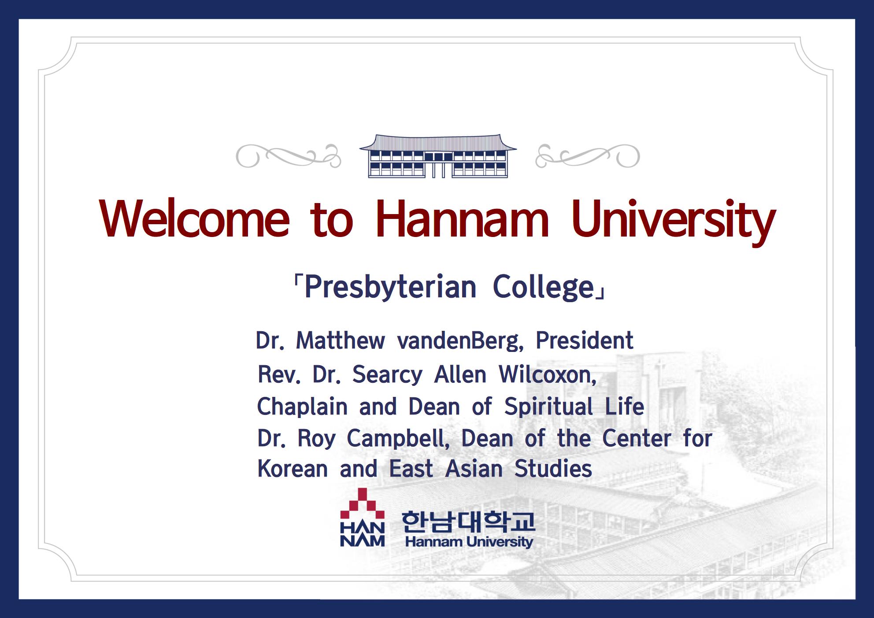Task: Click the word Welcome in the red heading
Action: click(x=194, y=219)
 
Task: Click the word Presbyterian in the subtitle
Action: click(x=390, y=288)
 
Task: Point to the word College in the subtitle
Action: click(x=544, y=288)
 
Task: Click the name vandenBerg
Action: click(x=460, y=340)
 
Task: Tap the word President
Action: click(x=585, y=340)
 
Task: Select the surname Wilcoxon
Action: click(x=548, y=375)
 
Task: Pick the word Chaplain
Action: click(x=302, y=407)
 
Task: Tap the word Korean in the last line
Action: click(x=293, y=469)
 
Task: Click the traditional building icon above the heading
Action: click(x=438, y=156)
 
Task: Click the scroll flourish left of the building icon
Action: click(x=289, y=156)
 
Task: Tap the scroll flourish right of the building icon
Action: click(x=587, y=156)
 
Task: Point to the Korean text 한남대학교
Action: click(x=468, y=522)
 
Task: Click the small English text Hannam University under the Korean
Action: click(x=469, y=542)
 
